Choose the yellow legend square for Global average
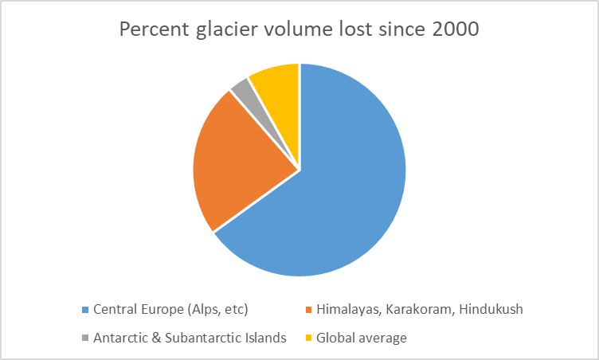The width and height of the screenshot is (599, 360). (308, 338)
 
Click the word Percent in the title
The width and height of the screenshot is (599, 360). (150, 31)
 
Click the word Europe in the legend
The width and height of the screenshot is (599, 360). (159, 309)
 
